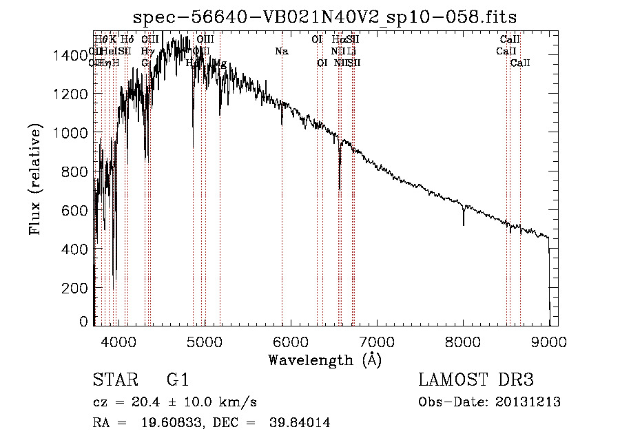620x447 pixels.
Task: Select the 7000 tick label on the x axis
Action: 377,341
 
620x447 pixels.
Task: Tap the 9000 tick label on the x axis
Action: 549,341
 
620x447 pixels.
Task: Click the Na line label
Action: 281,51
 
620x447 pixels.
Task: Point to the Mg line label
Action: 220,63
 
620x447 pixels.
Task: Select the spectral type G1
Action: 177,380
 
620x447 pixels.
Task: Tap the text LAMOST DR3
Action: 475,380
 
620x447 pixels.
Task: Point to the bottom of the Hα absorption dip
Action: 340,188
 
